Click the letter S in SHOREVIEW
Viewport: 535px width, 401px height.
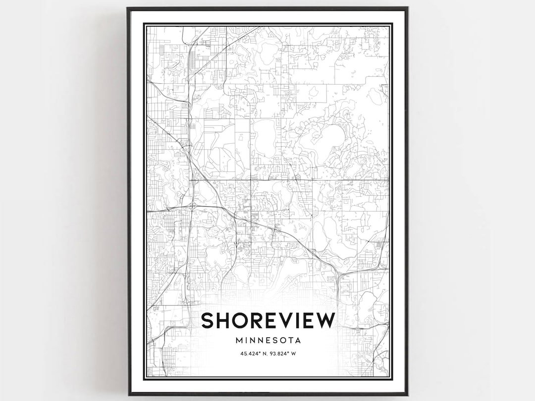pos(209,320)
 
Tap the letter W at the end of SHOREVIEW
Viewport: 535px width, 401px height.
pos(324,320)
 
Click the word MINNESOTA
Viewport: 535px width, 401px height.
pos(268,341)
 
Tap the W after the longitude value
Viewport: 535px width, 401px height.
pos(294,354)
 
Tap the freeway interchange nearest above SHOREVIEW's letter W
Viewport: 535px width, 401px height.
pos(337,273)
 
